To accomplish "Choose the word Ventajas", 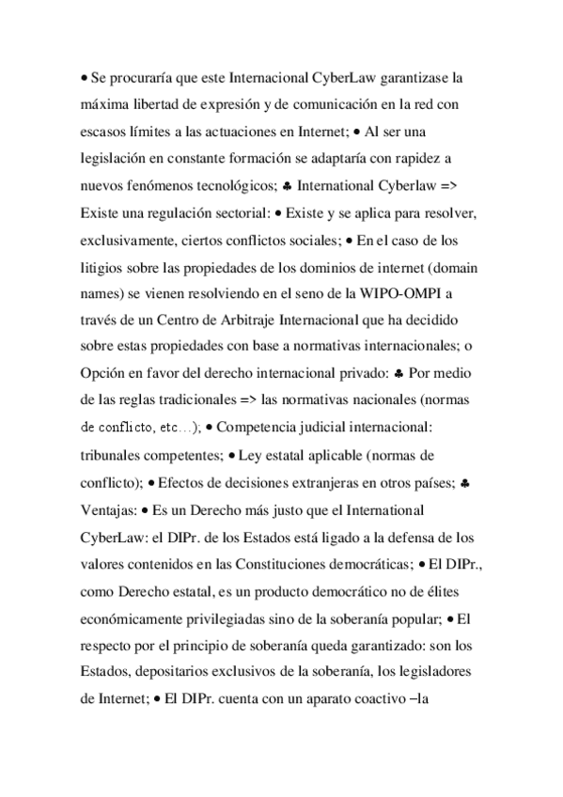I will pyautogui.click(x=109, y=508).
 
